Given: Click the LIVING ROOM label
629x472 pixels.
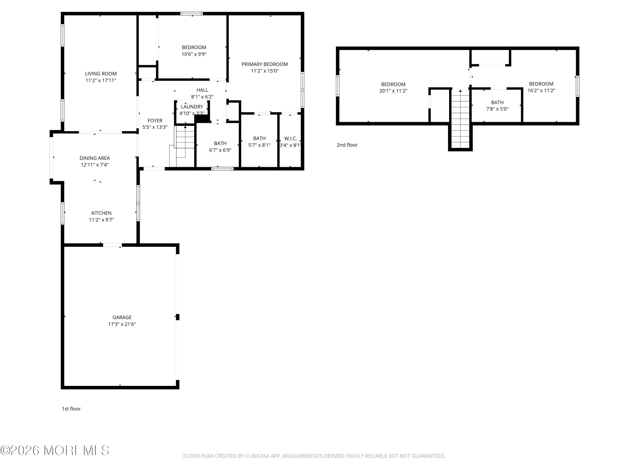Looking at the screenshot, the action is (101, 74).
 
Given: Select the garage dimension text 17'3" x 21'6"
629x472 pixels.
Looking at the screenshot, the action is (122, 324).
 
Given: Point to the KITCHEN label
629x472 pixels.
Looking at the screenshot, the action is (101, 213).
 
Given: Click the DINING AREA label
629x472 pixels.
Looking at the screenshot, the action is (95, 158).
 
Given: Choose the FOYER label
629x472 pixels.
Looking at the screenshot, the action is (155, 121).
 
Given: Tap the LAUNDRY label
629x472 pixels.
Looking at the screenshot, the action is (192, 107).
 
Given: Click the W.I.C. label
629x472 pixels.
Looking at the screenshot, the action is (291, 138).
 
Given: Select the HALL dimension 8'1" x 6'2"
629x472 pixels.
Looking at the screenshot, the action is (202, 97).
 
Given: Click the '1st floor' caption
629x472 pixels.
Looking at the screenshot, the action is (71, 409).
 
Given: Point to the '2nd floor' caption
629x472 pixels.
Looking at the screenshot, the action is (347, 145).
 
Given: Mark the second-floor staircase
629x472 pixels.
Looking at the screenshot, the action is (460, 119).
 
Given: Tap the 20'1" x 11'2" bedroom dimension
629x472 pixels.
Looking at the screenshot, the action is (393, 91).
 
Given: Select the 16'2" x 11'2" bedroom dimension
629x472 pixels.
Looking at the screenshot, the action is (541, 90).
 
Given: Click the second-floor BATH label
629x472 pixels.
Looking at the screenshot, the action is (497, 102).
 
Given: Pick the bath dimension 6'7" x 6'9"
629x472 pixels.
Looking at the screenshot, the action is (220, 150).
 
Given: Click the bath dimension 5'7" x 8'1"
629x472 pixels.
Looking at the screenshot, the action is (259, 145).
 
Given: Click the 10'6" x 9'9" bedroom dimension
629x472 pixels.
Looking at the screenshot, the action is (194, 54).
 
